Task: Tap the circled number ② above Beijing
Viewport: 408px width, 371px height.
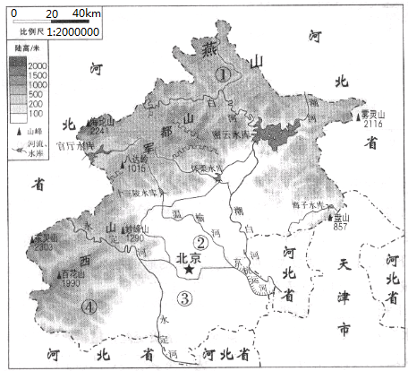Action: pos(203,241)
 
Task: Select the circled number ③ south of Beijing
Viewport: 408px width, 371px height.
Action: pos(185,298)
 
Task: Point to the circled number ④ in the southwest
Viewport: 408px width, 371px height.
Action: pos(88,307)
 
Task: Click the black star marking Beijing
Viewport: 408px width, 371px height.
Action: pos(189,267)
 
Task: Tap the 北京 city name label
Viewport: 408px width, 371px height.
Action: pos(189,254)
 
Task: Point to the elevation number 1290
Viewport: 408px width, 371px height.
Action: pos(135,237)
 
